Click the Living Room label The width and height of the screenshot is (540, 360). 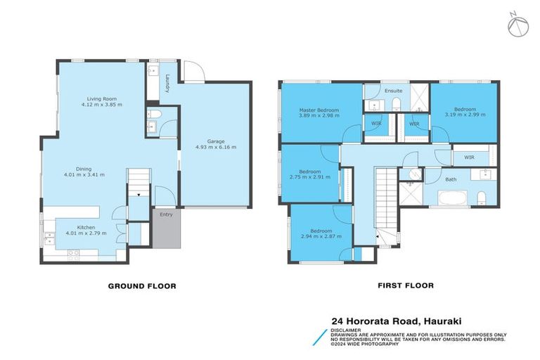click(x=101, y=99)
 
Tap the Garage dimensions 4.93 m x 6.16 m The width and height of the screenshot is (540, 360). click(x=214, y=148)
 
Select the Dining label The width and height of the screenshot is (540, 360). click(x=83, y=169)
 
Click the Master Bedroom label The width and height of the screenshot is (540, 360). click(x=319, y=110)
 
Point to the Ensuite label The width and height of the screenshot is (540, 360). click(x=394, y=91)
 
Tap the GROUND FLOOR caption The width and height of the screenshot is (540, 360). click(x=141, y=286)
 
